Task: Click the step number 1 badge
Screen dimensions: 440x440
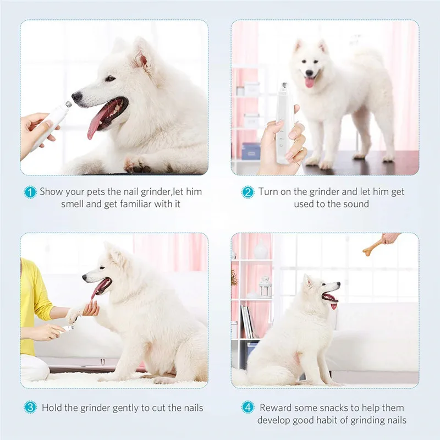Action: tap(30, 192)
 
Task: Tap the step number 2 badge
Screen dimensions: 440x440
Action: tap(248, 192)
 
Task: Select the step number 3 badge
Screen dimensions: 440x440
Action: tap(30, 407)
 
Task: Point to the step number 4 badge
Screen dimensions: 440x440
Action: tap(248, 407)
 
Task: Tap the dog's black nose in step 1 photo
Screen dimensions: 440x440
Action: tap(77, 96)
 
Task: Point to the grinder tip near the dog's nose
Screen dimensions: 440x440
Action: tap(68, 106)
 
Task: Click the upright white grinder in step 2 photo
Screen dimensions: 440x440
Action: tap(284, 123)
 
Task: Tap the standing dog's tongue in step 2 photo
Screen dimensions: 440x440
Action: tap(310, 82)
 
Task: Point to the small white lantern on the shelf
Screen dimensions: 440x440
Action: tap(265, 287)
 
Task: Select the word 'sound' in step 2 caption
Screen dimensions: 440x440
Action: tap(357, 204)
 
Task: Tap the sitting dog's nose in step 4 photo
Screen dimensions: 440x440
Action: tap(338, 284)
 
